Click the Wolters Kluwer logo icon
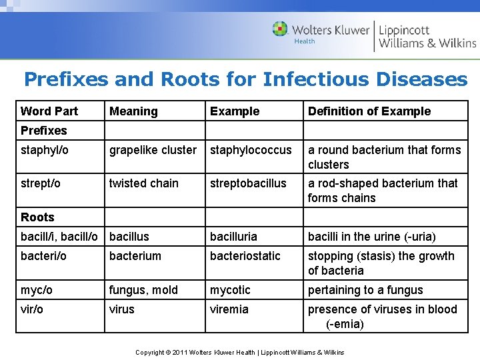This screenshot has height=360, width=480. point(280,29)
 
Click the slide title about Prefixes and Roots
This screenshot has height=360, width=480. point(245,79)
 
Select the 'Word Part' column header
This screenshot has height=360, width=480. point(49,111)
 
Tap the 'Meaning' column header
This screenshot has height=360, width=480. point(133,111)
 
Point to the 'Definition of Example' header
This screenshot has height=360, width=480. point(369,111)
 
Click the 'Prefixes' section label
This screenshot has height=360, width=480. point(44,131)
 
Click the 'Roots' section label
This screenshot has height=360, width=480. point(37,217)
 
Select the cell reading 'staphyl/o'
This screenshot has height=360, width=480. point(45,150)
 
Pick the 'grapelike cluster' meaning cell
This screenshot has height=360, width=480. point(153,150)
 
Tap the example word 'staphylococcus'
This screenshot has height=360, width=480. point(251,150)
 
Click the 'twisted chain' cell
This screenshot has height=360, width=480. point(144,183)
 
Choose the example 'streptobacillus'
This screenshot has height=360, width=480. point(248,183)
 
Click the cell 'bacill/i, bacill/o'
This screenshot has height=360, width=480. point(59,237)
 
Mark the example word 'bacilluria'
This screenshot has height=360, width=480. point(238,237)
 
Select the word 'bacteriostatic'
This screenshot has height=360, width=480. point(245,256)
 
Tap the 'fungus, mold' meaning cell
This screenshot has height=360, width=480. point(143,290)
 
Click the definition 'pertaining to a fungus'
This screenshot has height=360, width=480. point(365,290)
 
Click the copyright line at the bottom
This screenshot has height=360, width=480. point(240,352)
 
